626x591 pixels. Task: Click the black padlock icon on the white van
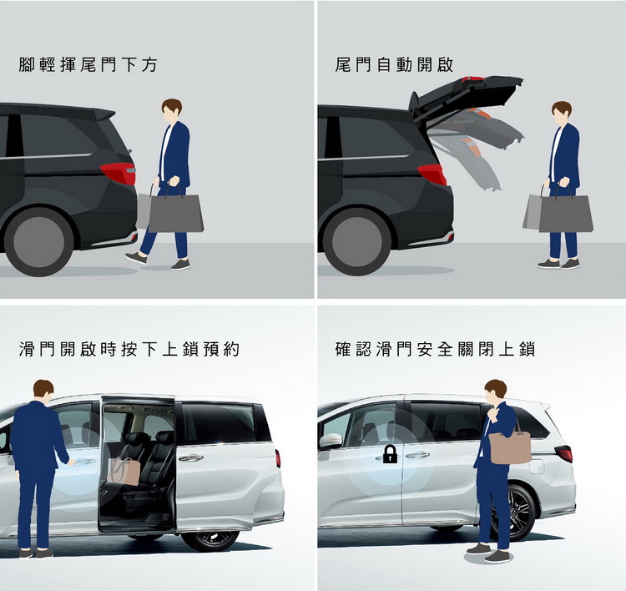click(390, 454)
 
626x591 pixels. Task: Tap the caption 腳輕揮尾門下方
click(88, 64)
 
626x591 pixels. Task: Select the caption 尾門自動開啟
click(394, 64)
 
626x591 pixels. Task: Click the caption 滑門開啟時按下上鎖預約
click(129, 349)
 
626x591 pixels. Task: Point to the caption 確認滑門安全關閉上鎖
click(435, 349)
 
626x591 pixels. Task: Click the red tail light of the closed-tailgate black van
click(119, 173)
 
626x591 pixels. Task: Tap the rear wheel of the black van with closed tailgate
click(38, 241)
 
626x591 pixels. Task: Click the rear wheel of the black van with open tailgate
click(356, 241)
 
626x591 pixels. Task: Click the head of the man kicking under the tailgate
click(172, 110)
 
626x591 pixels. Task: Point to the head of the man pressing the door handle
click(43, 391)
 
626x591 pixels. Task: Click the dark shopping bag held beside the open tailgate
click(565, 213)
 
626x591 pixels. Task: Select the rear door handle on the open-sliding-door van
click(191, 457)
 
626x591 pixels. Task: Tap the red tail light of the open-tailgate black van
click(432, 174)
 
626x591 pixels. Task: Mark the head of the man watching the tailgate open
click(562, 112)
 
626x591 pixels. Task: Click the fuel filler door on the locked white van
click(537, 466)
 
